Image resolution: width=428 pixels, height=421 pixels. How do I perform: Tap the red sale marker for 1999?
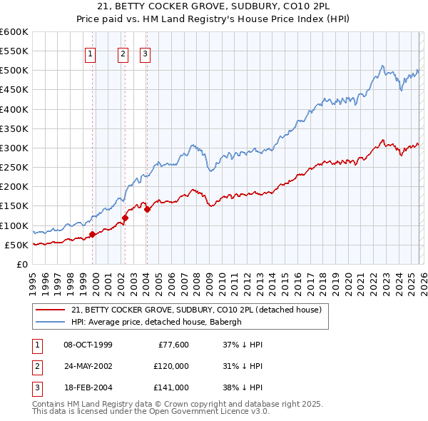pos(92,234)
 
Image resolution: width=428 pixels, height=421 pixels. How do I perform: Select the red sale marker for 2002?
pos(125,218)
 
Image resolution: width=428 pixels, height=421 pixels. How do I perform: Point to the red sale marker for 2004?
pos(146,210)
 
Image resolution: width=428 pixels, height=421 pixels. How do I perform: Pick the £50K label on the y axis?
pos(16,245)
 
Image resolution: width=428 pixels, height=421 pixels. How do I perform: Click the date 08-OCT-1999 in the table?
pos(88,345)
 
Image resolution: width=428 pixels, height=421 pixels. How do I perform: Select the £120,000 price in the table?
pos(171,366)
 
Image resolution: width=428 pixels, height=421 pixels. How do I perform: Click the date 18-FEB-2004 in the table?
pos(88,387)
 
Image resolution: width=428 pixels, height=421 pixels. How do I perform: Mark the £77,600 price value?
pos(173,345)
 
